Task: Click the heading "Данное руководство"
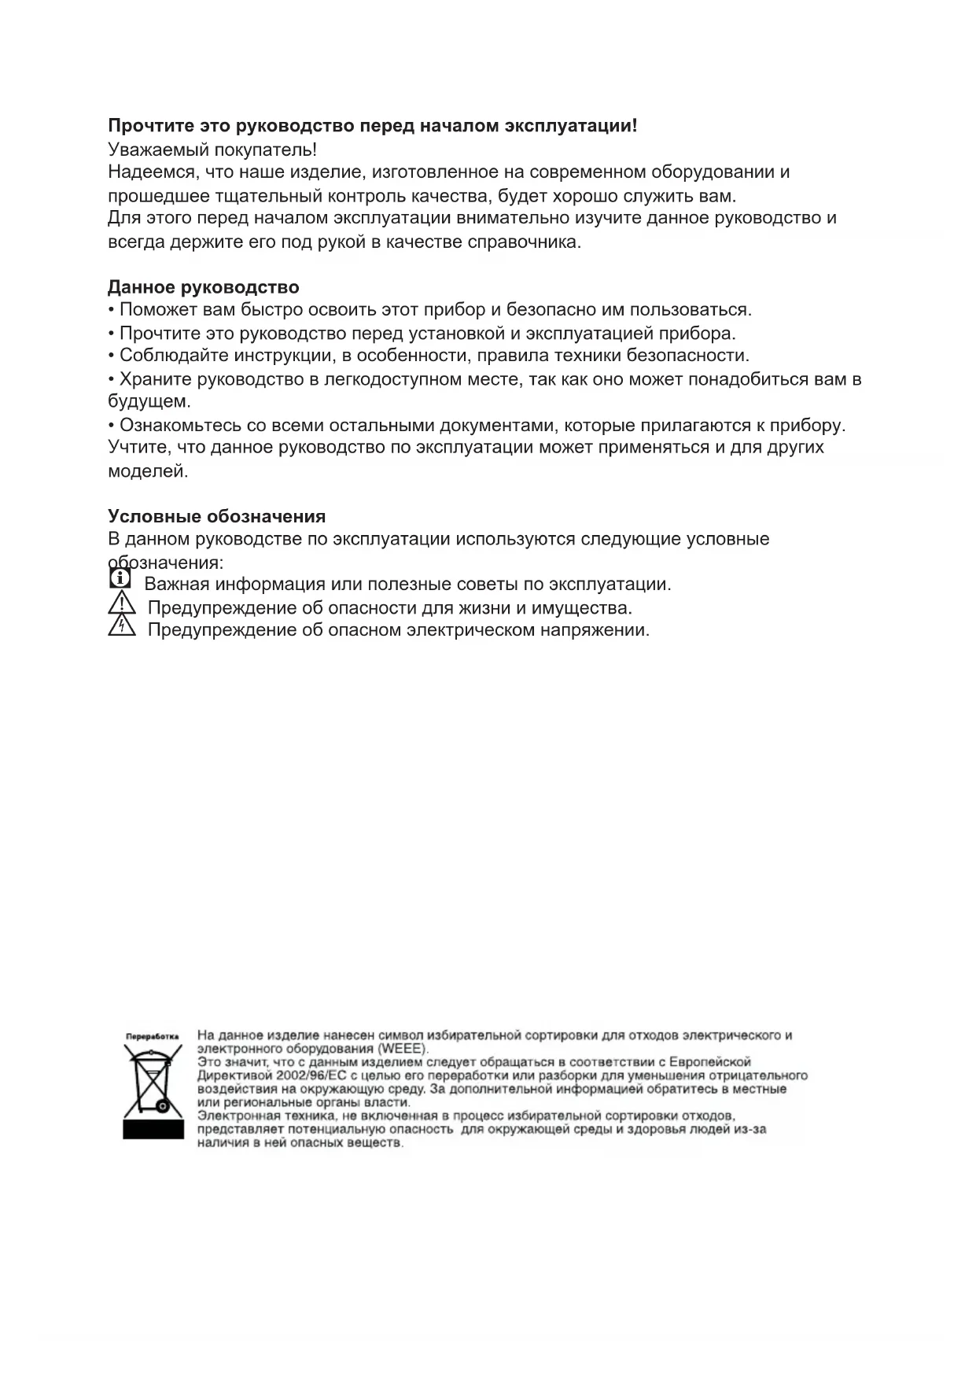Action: tap(203, 287)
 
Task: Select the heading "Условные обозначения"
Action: tap(216, 516)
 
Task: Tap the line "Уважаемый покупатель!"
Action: tap(212, 149)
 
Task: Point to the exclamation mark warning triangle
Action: tap(122, 604)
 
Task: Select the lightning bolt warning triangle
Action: tap(122, 626)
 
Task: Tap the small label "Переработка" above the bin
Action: tap(152, 1036)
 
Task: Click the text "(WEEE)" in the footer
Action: tap(403, 1049)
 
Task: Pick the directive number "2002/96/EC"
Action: tap(311, 1076)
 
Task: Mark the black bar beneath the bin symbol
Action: tap(153, 1130)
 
